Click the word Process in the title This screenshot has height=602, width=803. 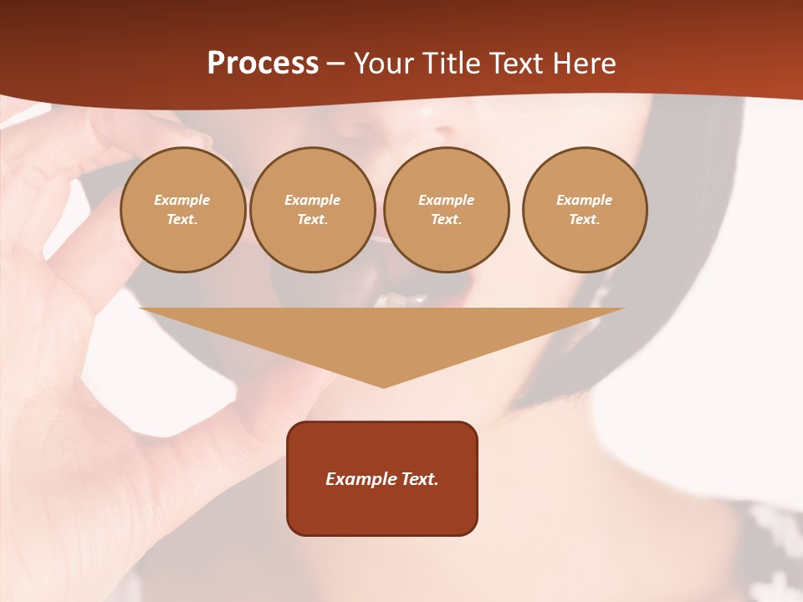click(x=263, y=64)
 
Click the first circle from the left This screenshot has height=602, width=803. click(x=182, y=210)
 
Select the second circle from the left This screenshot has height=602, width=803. click(x=312, y=210)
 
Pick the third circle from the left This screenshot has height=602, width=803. click(x=446, y=210)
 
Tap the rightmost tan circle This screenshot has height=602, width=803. click(x=584, y=210)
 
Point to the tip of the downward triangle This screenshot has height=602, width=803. click(x=383, y=386)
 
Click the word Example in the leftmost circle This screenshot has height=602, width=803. click(x=182, y=200)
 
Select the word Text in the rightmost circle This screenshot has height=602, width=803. click(x=584, y=220)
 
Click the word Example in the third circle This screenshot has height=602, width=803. click(x=446, y=200)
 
